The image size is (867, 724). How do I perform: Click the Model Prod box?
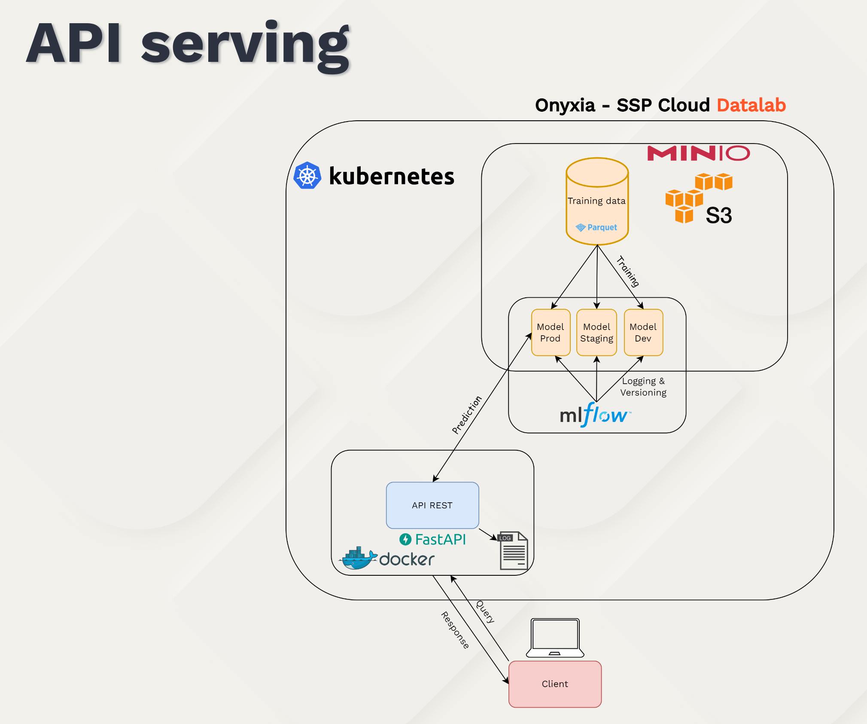(551, 333)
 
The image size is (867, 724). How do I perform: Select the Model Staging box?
(596, 333)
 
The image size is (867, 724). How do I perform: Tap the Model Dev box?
(643, 333)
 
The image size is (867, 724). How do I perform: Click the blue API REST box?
(432, 505)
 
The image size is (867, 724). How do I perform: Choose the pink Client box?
(555, 684)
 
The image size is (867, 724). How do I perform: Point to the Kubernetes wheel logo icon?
(307, 176)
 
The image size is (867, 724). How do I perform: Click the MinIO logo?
(698, 153)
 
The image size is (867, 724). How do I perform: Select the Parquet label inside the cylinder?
(597, 227)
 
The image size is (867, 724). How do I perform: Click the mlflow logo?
(595, 415)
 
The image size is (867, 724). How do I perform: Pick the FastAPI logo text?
(433, 539)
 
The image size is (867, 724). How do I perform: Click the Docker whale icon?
(357, 558)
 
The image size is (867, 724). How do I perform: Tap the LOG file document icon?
(514, 551)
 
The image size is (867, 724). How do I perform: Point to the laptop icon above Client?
(555, 638)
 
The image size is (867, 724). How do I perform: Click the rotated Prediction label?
(467, 415)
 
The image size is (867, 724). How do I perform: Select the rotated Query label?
(485, 611)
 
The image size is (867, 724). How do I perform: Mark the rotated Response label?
(455, 630)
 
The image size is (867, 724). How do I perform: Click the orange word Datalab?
(751, 105)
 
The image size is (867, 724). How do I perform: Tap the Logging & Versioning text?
(643, 387)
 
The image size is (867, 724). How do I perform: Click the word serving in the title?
(246, 45)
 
